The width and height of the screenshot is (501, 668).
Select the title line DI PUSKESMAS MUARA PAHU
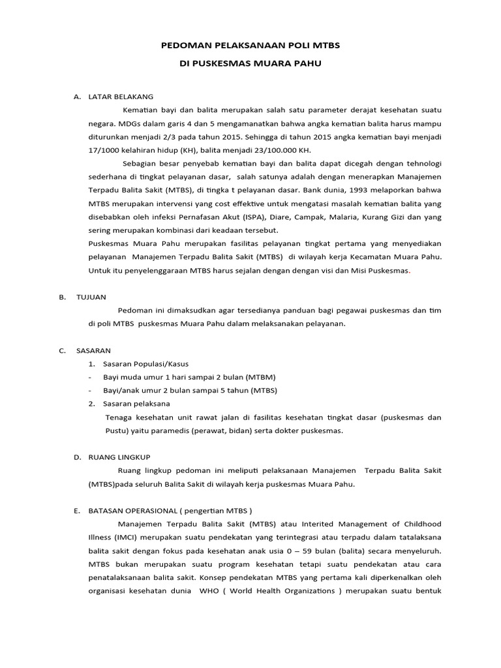coord(250,66)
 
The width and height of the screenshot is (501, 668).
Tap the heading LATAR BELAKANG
coord(121,97)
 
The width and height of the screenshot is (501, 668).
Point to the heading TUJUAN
coord(91,297)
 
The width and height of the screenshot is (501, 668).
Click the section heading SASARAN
coord(94,350)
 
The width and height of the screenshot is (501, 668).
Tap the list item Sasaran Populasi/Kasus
coord(141,363)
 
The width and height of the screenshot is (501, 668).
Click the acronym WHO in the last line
coord(199,591)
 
